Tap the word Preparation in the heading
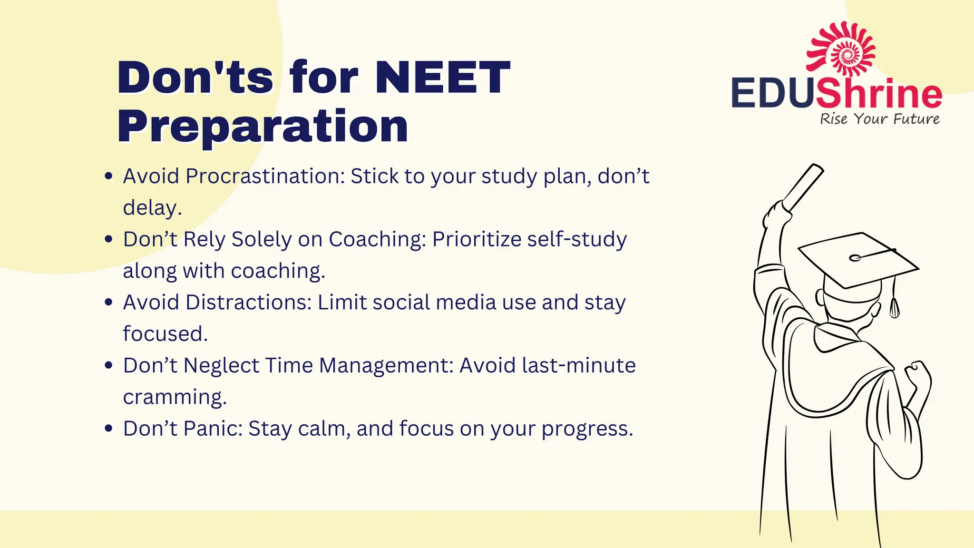pyautogui.click(x=263, y=126)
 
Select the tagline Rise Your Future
pyautogui.click(x=879, y=119)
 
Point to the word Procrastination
pyautogui.click(x=265, y=176)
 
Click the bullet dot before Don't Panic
pyautogui.click(x=108, y=429)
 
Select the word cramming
pyautogui.click(x=174, y=397)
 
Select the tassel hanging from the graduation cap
pyautogui.click(x=894, y=304)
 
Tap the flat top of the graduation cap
pyautogui.click(x=856, y=259)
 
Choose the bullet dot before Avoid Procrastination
pyautogui.click(x=108, y=176)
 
